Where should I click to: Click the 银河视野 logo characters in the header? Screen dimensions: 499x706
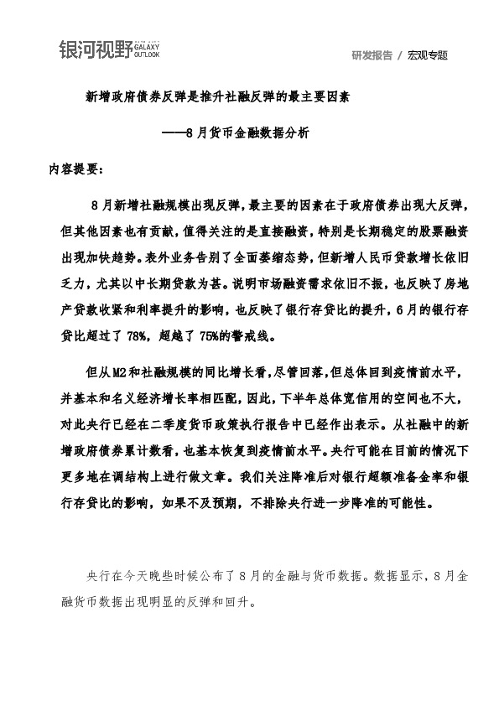[x=95, y=51]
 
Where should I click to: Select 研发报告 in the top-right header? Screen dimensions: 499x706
[x=373, y=55]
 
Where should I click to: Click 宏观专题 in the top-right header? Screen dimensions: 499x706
[x=428, y=55]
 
